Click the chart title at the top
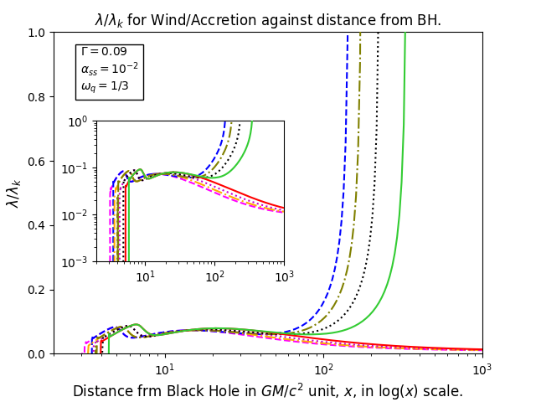(268, 20)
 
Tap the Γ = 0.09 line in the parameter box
(104, 52)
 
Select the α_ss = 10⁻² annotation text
(110, 68)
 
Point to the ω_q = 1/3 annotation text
(105, 85)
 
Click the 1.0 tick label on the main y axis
(36, 33)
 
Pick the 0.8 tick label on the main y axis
(36, 97)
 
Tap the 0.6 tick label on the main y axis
(36, 162)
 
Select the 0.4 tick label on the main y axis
(36, 226)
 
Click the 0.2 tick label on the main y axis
(36, 291)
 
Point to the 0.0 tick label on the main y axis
(36, 354)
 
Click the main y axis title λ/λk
(13, 193)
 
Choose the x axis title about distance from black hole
(268, 391)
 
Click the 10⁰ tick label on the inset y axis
(77, 122)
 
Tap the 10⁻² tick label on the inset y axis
(75, 216)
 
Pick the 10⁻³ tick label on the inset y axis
(75, 262)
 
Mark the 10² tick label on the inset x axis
(214, 276)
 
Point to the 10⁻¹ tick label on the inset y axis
(75, 169)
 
